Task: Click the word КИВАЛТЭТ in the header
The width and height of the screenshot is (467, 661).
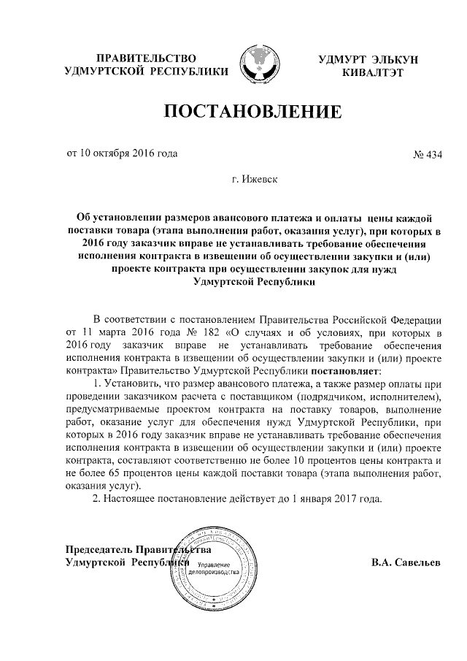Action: pyautogui.click(x=374, y=73)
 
